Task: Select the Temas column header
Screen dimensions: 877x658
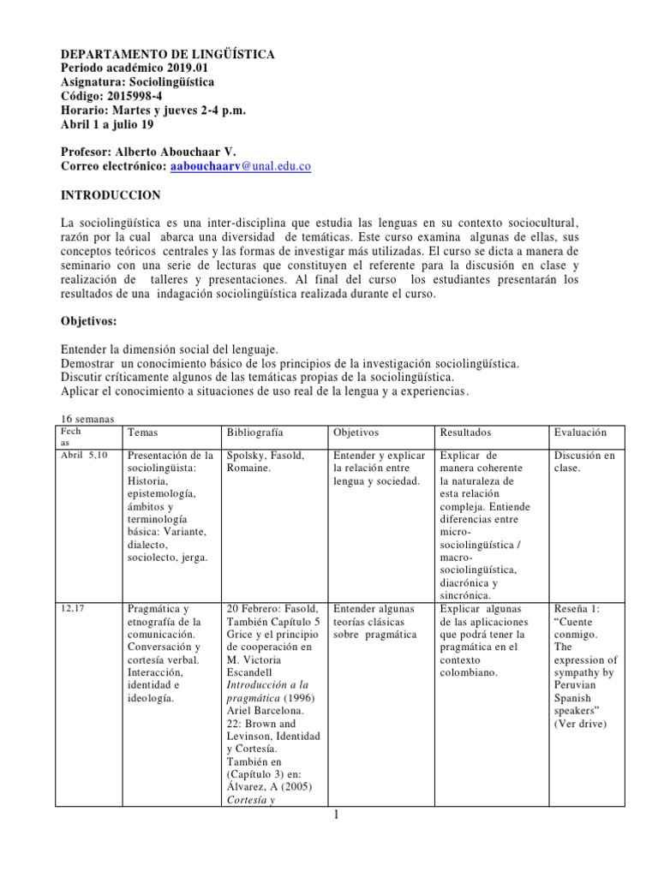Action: click(142, 433)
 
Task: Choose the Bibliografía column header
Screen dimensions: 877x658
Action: click(255, 433)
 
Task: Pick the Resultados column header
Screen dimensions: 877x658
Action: click(465, 433)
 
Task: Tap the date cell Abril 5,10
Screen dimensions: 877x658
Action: click(85, 455)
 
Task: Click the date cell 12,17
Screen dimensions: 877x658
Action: click(72, 607)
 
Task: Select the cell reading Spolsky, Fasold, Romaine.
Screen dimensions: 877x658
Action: click(266, 462)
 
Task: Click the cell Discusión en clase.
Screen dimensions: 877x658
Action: click(584, 462)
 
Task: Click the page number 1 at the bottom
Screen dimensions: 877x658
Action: click(338, 814)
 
